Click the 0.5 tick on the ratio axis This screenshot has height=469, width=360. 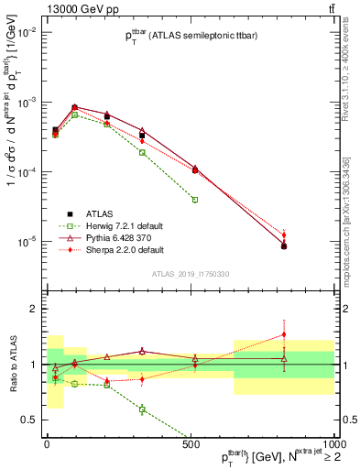[x=31, y=420]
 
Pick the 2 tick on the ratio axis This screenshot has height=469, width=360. [x=35, y=309]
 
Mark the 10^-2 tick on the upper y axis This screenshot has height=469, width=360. [x=27, y=31]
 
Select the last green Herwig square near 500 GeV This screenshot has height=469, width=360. [x=194, y=199]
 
